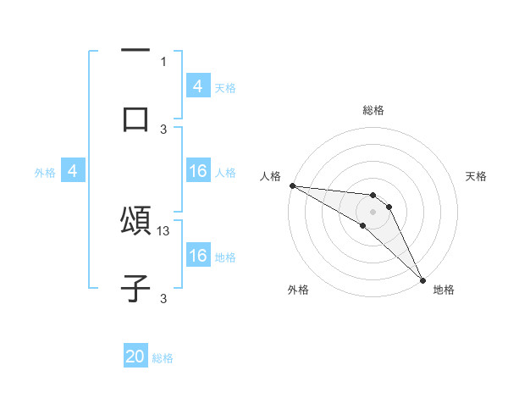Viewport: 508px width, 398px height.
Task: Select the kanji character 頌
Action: (x=135, y=221)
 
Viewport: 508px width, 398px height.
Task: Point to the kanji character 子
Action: (x=135, y=289)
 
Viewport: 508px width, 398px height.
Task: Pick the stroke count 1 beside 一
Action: (x=163, y=61)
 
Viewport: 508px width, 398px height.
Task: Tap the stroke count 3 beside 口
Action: (x=163, y=129)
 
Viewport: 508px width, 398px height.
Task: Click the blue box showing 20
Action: (x=135, y=357)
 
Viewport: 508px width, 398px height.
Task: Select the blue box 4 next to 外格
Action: (x=72, y=172)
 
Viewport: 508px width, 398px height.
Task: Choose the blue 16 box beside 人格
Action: (x=198, y=172)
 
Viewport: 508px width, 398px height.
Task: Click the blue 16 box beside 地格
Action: (x=198, y=257)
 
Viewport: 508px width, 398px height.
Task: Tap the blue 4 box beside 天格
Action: (x=198, y=86)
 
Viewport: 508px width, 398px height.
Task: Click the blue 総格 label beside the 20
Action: (x=163, y=358)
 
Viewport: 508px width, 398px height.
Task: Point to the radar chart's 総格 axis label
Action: (x=373, y=110)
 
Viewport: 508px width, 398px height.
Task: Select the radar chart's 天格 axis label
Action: (x=476, y=176)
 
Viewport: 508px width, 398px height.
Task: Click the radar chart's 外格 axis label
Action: (x=298, y=290)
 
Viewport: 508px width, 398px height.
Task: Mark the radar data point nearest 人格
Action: (x=291, y=185)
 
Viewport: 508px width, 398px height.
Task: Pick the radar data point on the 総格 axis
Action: (x=373, y=196)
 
